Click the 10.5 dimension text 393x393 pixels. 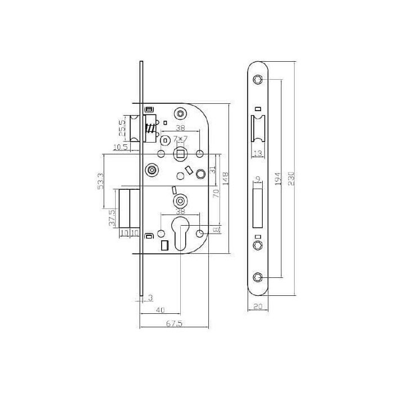click(120, 147)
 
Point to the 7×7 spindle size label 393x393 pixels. click(181, 138)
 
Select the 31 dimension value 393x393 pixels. click(213, 170)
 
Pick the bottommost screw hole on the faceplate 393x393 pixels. click(257, 277)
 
